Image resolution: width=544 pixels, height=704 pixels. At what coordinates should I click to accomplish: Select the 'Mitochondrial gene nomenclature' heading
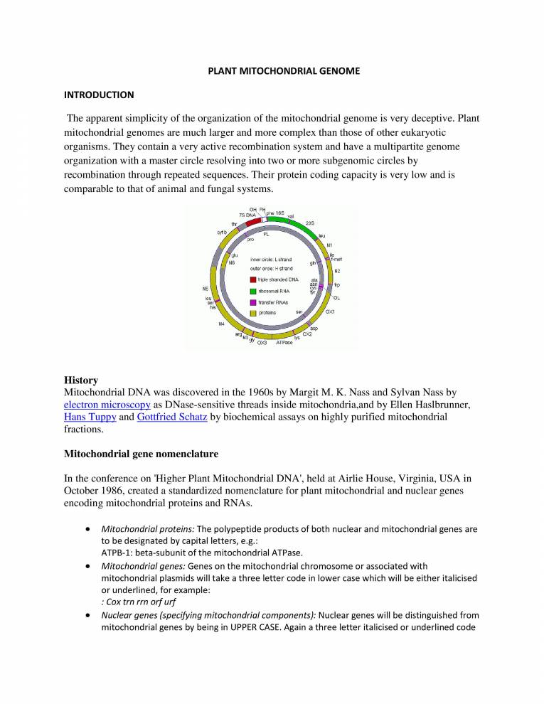144,454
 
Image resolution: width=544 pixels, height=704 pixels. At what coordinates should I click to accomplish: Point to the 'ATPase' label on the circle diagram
284,343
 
